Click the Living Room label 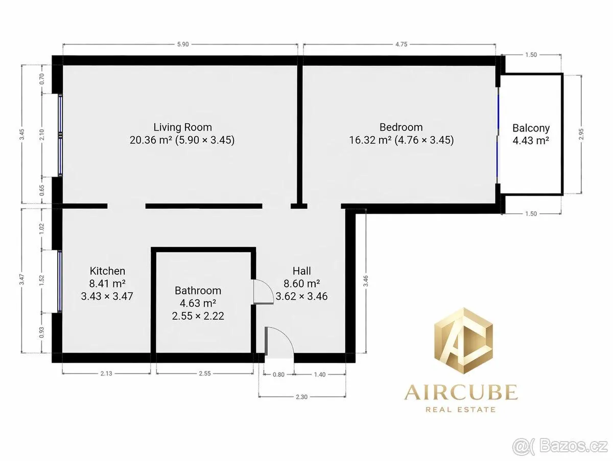tap(183, 127)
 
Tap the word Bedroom tap(401, 127)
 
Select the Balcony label tap(531, 128)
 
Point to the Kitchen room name tap(107, 271)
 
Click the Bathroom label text tap(198, 290)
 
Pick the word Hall tap(301, 271)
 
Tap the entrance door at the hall tap(279, 342)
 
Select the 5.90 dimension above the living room tap(183, 44)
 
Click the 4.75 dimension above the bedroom tap(401, 44)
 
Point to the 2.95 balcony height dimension tap(581, 134)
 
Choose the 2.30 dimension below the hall tap(301, 397)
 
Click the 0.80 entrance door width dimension tap(278, 375)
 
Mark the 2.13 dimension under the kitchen tap(106, 374)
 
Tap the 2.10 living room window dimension tap(42, 135)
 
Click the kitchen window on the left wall tap(60, 281)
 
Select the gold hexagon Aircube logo tap(464, 341)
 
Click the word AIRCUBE tap(461, 392)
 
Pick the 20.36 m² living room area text tap(151, 140)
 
